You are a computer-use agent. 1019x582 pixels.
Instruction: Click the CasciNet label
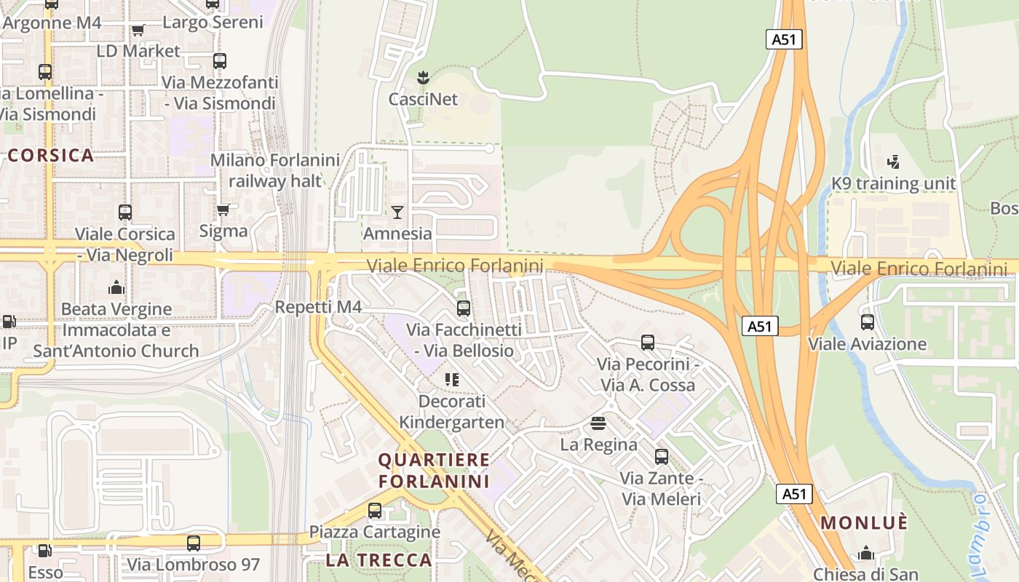[x=423, y=99]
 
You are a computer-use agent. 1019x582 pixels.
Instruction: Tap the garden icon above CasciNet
[x=422, y=75]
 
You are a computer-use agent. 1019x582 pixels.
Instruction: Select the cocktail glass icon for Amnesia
[x=397, y=212]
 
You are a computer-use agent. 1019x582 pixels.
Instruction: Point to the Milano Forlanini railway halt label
[x=275, y=170]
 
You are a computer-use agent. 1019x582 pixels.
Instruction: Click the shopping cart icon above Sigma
[x=223, y=210]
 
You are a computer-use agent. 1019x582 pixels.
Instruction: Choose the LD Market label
[x=138, y=51]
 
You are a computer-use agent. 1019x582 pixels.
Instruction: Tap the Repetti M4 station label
[x=318, y=307]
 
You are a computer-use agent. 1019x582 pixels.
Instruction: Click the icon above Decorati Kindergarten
[x=451, y=379]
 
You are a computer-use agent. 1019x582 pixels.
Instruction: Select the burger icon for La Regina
[x=598, y=423]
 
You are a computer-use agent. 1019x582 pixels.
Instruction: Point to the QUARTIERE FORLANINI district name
[x=434, y=470]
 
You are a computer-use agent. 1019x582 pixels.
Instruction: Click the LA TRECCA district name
[x=378, y=560]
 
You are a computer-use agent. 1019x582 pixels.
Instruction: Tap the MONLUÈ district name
[x=865, y=522]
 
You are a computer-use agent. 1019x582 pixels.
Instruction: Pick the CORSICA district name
[x=51, y=155]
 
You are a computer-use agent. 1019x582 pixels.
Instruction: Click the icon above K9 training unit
[x=894, y=162]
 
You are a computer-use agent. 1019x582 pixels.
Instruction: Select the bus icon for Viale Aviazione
[x=867, y=322]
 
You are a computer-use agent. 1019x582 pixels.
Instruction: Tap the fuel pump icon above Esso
[x=45, y=551]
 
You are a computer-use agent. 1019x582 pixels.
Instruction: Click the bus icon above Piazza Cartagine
[x=375, y=510]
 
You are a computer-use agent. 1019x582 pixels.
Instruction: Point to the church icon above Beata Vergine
[x=116, y=287]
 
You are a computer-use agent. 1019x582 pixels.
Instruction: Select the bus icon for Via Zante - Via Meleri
[x=661, y=456]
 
